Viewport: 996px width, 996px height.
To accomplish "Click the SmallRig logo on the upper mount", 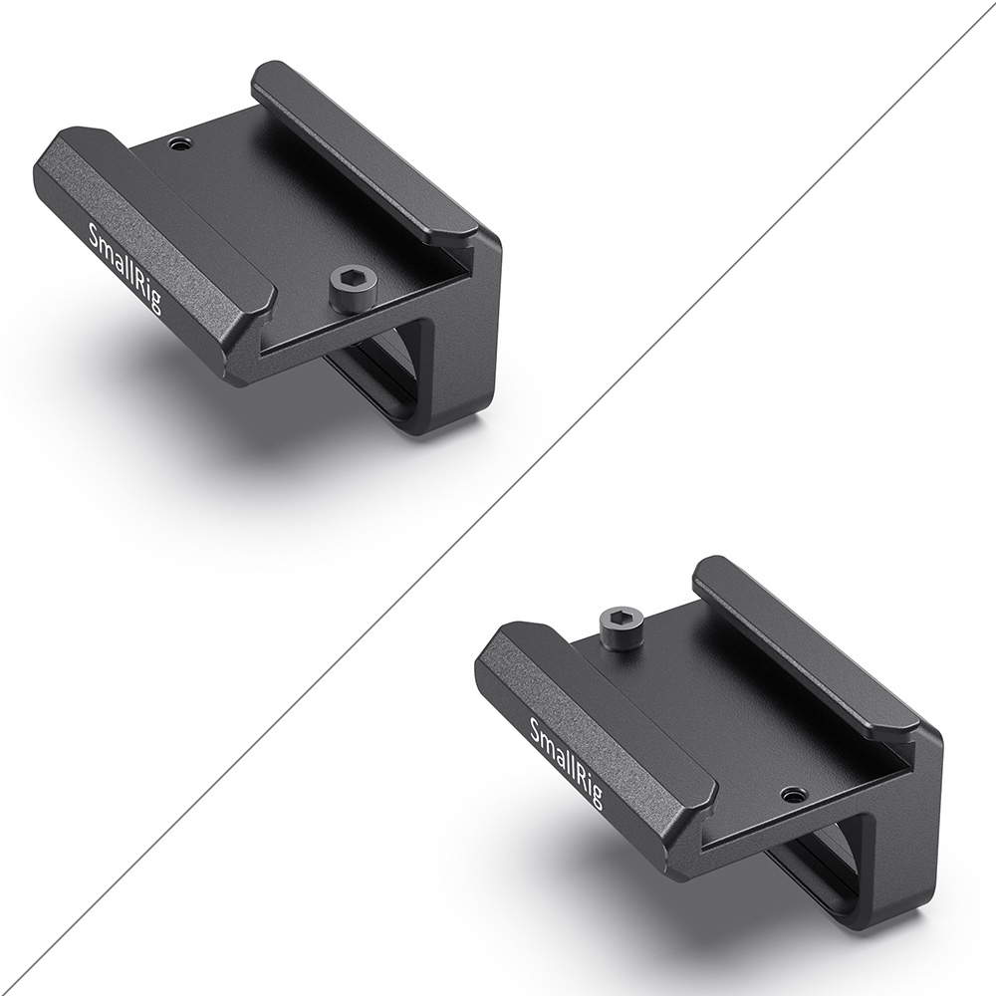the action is (x=125, y=267).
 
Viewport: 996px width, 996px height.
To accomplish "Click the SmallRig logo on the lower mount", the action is (x=567, y=762).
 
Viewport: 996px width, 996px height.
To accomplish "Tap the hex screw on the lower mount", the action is (x=622, y=626).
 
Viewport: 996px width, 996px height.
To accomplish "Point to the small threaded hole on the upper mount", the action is (x=179, y=146).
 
